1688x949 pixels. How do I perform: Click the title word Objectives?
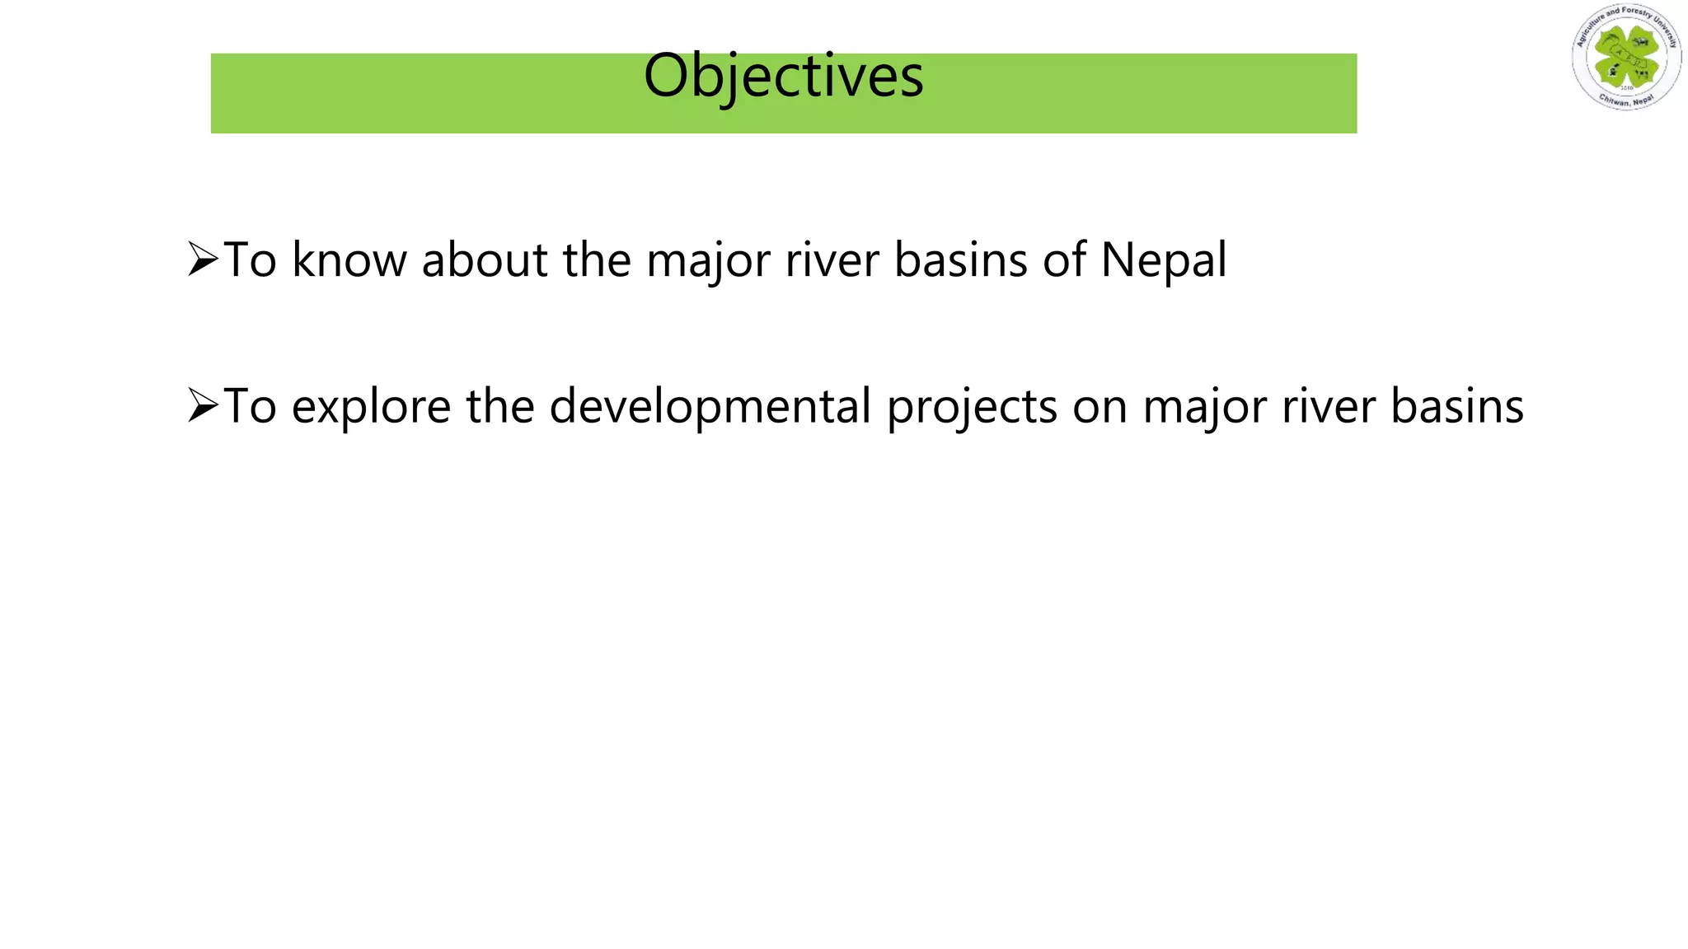coord(783,76)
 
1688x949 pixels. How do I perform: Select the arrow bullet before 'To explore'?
coord(203,405)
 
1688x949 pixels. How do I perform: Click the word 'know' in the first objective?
coord(349,260)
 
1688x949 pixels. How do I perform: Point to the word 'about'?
coord(485,260)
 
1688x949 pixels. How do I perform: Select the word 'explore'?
coord(372,407)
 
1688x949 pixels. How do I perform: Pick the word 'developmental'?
coord(710,407)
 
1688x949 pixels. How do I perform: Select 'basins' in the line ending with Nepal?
coord(960,260)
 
